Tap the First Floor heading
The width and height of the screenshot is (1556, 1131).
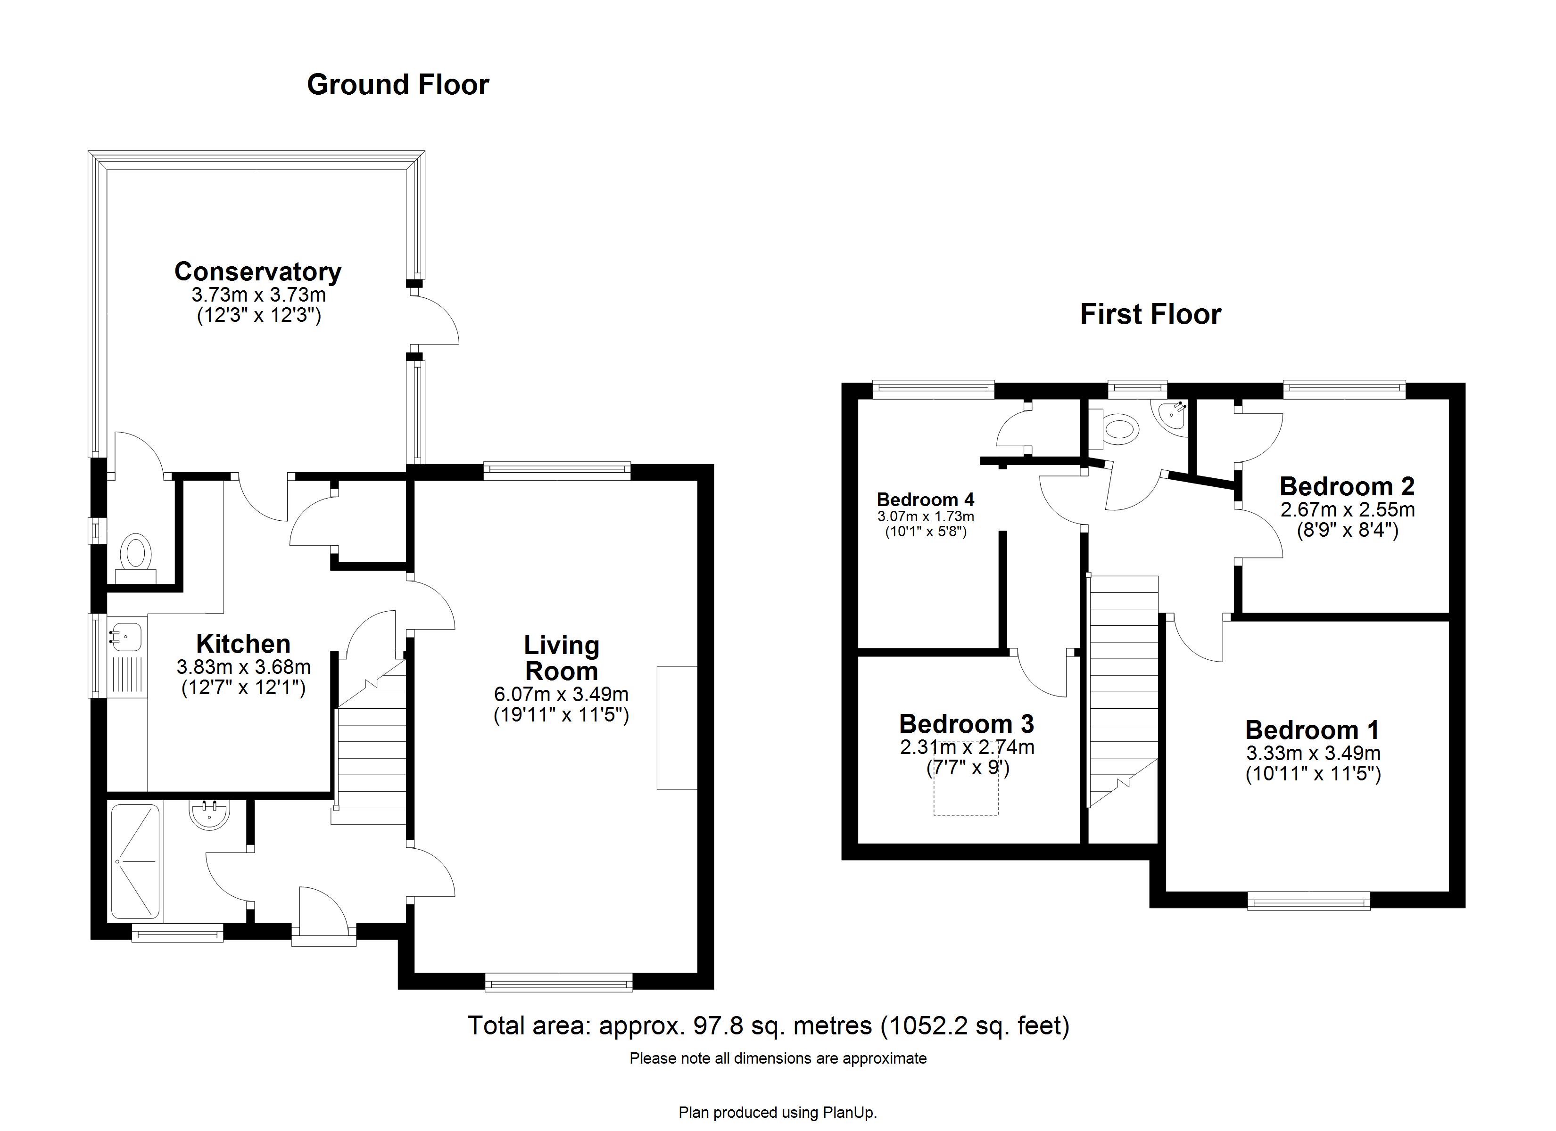click(1150, 314)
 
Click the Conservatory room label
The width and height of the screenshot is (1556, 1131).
click(257, 271)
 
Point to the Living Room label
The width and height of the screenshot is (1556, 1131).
click(561, 658)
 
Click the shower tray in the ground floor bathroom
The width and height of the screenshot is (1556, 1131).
click(135, 861)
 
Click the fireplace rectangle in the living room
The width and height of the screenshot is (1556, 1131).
click(677, 727)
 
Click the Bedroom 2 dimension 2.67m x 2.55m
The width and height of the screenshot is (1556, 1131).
click(1347, 509)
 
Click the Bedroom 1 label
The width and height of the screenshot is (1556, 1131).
click(1312, 730)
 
